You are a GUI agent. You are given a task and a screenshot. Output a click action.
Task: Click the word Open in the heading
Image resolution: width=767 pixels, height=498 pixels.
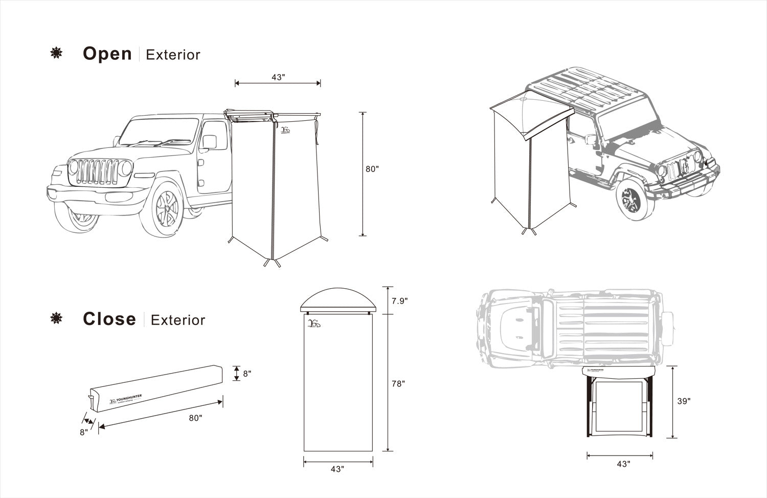click(x=107, y=54)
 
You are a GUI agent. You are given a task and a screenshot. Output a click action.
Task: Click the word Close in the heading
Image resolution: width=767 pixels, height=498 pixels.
click(x=109, y=319)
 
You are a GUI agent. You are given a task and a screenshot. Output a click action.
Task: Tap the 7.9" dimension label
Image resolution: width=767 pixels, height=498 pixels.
click(x=399, y=301)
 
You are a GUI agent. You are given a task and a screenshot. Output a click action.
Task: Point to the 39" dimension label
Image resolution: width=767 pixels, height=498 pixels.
click(x=684, y=401)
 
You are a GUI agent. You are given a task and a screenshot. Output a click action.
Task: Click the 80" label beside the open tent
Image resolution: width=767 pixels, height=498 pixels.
click(x=372, y=169)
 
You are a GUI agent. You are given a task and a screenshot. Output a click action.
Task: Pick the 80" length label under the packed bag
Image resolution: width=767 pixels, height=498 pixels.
click(x=195, y=418)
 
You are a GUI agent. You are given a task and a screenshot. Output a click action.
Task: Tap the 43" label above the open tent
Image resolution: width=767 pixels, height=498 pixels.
click(x=278, y=77)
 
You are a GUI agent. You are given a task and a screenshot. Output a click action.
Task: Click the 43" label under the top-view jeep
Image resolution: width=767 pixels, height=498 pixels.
click(x=623, y=464)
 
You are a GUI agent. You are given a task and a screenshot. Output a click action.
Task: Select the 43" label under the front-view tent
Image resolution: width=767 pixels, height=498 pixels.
click(x=337, y=469)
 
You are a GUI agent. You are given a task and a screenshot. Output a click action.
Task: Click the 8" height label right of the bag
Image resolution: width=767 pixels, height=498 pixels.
click(x=247, y=374)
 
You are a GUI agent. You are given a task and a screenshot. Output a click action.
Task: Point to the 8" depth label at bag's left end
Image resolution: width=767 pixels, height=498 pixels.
click(x=83, y=431)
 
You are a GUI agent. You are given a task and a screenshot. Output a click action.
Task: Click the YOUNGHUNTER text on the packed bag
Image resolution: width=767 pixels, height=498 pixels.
click(x=128, y=397)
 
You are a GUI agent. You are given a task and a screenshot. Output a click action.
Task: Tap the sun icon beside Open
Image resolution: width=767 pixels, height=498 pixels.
click(x=56, y=53)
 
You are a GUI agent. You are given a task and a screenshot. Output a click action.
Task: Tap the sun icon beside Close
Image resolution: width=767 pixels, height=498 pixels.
click(x=56, y=319)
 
